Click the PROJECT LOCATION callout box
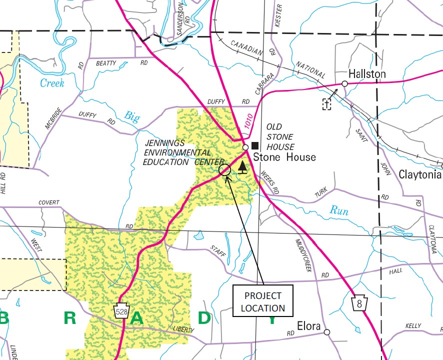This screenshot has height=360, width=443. pos(262,301)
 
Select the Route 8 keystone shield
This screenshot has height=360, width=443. pos(358,303)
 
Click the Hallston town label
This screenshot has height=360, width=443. pos(367,74)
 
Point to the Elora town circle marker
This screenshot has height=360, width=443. pos(327,332)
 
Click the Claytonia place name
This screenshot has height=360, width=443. pos(419,175)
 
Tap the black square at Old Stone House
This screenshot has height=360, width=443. pos(255,146)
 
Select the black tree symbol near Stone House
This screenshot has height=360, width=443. pos(242,167)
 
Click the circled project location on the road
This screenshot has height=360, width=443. pos(225,170)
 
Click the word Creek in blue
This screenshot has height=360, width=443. pos(52,83)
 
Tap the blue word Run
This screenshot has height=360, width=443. pos(338,211)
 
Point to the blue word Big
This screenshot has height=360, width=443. pos(132,117)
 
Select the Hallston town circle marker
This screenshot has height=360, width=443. pos(344,83)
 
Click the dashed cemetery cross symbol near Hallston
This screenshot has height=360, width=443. pos(327,104)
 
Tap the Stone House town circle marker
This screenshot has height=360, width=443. pos(245,147)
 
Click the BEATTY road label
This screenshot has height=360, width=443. pos(106,63)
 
